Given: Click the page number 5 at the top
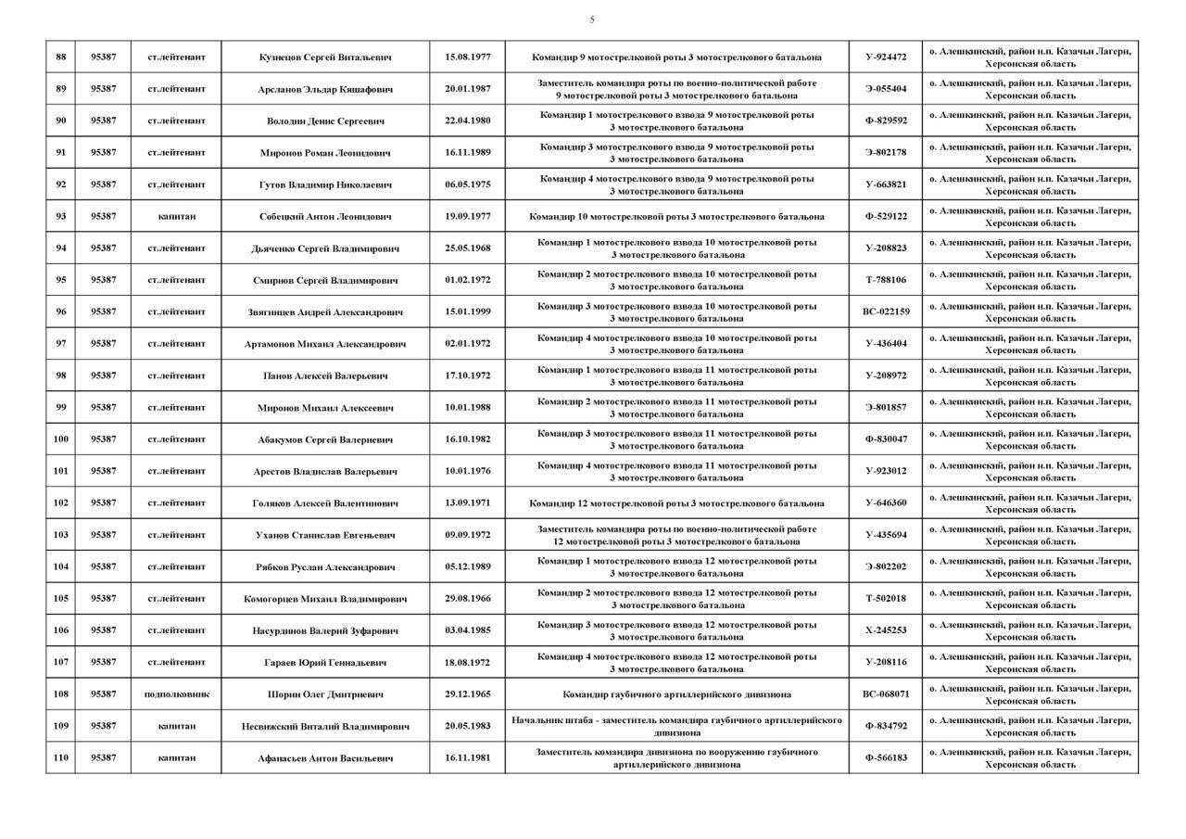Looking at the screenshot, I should [592, 19].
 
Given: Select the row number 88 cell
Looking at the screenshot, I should [61, 57].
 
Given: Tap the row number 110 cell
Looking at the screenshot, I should [61, 757].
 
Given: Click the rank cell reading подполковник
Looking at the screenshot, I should [176, 693].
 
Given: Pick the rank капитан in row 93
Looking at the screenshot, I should [176, 216].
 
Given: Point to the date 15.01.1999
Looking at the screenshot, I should [468, 311].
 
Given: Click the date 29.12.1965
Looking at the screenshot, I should [468, 693].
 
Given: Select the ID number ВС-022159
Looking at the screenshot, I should [886, 311].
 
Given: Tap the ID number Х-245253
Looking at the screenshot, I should [886, 629].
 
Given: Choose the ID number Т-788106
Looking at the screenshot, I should [886, 280].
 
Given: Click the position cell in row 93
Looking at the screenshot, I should [676, 216].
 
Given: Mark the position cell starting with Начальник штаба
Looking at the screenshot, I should [676, 726].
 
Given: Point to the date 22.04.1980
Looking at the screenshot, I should [468, 121].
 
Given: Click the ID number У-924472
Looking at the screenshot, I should [886, 57].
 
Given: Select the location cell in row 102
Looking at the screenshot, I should [1030, 502].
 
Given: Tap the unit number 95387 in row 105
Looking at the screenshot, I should [104, 598].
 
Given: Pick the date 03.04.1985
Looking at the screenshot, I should [468, 629].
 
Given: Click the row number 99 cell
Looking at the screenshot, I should [61, 407].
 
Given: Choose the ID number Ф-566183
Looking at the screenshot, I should [886, 757].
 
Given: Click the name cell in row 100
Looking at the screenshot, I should [325, 439].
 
